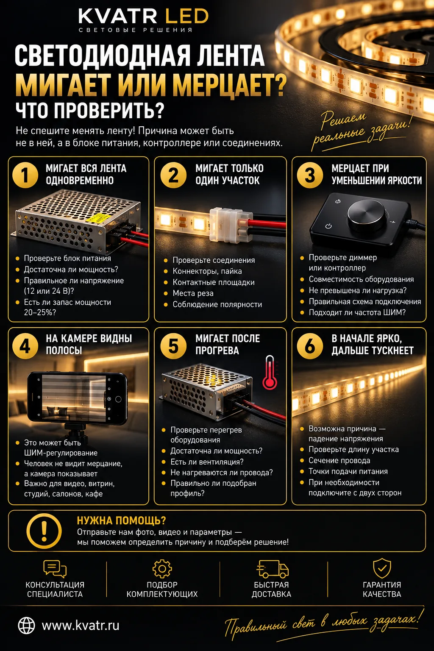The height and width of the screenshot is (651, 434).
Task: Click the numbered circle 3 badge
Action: coord(310,175)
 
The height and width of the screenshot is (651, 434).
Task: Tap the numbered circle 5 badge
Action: coord(173,346)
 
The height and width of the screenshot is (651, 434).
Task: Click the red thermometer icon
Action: coord(270,372)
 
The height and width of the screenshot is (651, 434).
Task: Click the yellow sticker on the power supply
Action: coord(99,218)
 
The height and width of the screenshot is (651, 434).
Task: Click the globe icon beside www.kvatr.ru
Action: coord(26,626)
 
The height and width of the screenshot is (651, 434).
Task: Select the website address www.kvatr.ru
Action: coord(81,626)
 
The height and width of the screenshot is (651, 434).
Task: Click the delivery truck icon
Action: coord(273,569)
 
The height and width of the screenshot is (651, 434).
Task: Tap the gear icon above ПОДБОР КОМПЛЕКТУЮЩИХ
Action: coord(162,569)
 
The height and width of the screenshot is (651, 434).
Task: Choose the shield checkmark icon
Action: coord(382,568)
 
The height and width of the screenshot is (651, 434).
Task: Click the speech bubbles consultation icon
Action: coord(55,569)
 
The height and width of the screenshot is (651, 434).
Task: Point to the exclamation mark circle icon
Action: coord(44,531)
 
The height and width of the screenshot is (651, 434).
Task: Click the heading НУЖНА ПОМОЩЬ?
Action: coord(122,520)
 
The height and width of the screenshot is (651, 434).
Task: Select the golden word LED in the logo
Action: coord(186,16)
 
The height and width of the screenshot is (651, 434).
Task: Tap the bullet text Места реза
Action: coord(193,293)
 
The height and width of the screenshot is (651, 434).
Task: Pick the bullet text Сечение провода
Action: coord(339,461)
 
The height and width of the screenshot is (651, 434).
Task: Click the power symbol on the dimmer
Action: coord(328,226)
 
